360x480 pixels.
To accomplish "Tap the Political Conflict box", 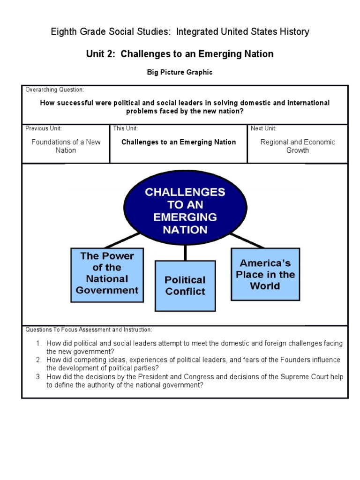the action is click(x=185, y=285).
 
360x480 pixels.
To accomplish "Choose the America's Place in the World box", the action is click(x=265, y=274).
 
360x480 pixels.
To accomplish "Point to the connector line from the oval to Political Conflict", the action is click(x=186, y=252).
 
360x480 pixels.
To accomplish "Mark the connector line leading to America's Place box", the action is click(x=247, y=240).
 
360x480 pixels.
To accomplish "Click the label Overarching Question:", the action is click(x=55, y=90).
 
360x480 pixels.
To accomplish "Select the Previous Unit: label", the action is click(x=44, y=128).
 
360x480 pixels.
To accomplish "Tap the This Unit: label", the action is click(x=125, y=128).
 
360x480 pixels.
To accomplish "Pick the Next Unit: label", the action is click(x=263, y=128).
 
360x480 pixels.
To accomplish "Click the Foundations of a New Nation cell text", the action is click(x=66, y=146).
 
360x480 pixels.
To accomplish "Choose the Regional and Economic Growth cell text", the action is click(x=298, y=146).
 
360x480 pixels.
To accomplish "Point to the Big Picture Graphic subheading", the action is click(x=180, y=72).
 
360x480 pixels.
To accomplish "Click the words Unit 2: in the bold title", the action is click(x=101, y=54).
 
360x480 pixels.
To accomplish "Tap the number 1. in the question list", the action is click(x=39, y=344).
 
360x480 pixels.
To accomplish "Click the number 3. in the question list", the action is click(x=39, y=377).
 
